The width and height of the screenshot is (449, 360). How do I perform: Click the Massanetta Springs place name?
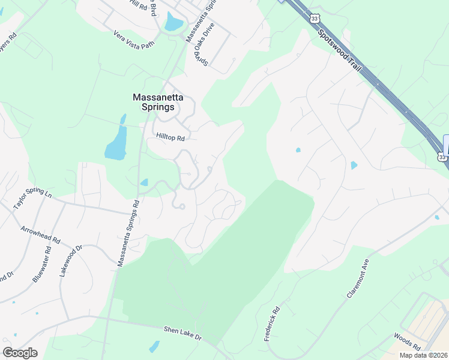[154, 102]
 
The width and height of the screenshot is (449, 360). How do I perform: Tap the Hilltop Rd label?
[170, 137]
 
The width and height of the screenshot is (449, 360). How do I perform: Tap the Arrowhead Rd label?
[41, 235]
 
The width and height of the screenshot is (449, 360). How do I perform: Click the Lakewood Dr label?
[70, 260]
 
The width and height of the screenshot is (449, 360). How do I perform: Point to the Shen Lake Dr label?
[183, 333]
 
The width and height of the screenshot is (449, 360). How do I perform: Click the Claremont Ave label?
[356, 282]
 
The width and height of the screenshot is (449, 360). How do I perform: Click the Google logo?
[20, 353]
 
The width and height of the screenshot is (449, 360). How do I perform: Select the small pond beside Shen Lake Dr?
[154, 347]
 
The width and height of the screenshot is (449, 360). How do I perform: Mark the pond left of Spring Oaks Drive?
[173, 22]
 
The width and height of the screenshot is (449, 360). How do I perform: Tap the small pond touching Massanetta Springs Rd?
[144, 182]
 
